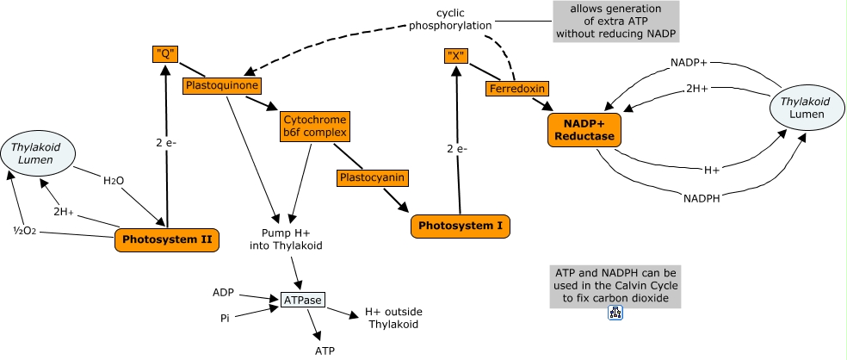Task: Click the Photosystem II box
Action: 166,239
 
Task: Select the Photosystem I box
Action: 461,226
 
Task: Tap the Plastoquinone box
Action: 221,86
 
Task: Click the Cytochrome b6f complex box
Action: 313,126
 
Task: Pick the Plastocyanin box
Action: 371,178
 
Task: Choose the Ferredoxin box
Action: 516,89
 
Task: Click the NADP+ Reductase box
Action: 584,129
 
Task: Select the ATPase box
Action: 304,301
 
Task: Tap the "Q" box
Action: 166,54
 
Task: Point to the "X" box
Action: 455,57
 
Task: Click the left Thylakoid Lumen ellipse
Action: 42,154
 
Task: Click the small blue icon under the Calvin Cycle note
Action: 615,313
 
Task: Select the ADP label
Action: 223,293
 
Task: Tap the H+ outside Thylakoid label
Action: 393,318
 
